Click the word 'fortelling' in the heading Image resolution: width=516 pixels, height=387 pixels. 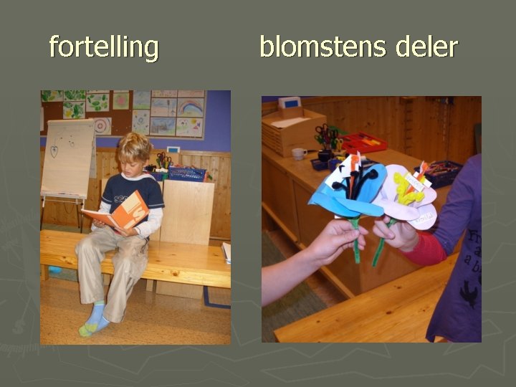pyautogui.click(x=104, y=48)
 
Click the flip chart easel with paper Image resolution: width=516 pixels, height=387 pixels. pyautogui.click(x=67, y=159)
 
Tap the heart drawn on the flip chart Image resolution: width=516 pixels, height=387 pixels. pyautogui.click(x=54, y=151)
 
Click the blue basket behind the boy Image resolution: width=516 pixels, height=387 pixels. pyautogui.click(x=186, y=173)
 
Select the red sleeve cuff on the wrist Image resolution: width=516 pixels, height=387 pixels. pyautogui.click(x=425, y=247)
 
